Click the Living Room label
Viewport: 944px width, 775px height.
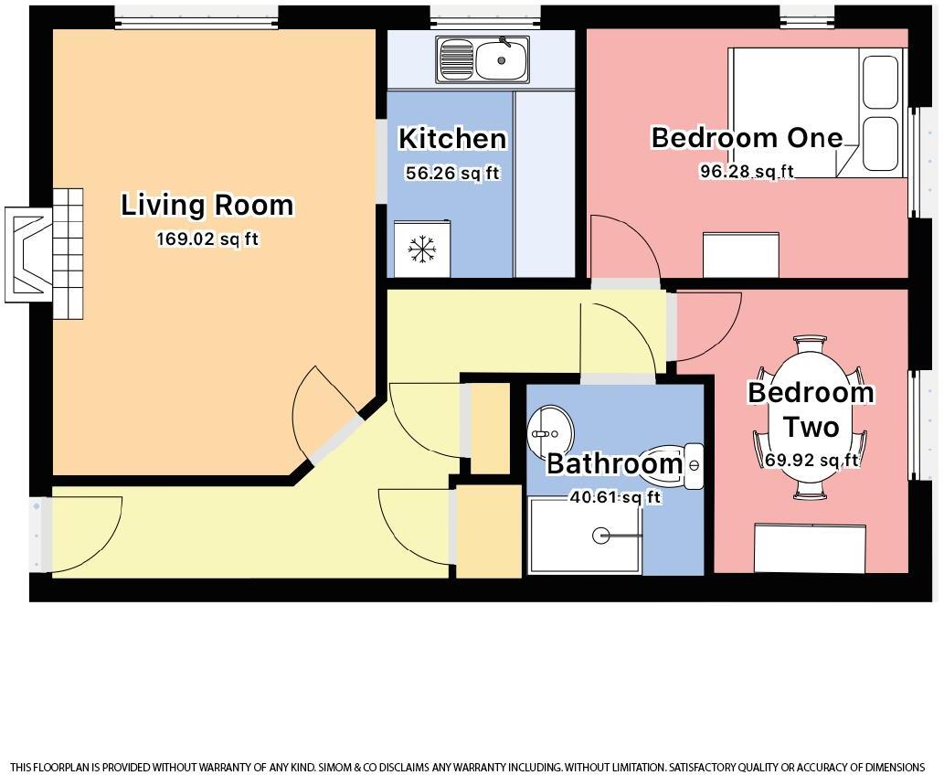(207, 205)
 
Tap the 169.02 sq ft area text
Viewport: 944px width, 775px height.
(207, 240)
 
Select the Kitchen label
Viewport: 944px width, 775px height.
(452, 139)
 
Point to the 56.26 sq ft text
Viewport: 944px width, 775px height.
(452, 173)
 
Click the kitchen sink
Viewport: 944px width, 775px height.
(483, 59)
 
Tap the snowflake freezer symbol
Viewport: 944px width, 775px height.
(421, 249)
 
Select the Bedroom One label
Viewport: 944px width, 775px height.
(747, 138)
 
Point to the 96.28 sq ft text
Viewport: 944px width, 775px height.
(747, 171)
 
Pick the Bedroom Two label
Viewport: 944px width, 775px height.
(811, 409)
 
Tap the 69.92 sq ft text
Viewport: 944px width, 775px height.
(811, 460)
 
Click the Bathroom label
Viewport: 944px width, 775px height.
(614, 464)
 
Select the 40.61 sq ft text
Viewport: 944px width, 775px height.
(614, 497)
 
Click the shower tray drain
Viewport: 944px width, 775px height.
(600, 536)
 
